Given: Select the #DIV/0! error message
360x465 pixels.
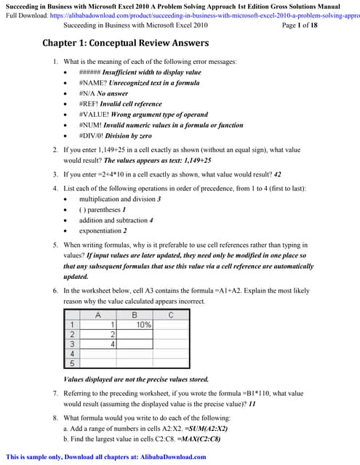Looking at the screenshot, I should (92, 136).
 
